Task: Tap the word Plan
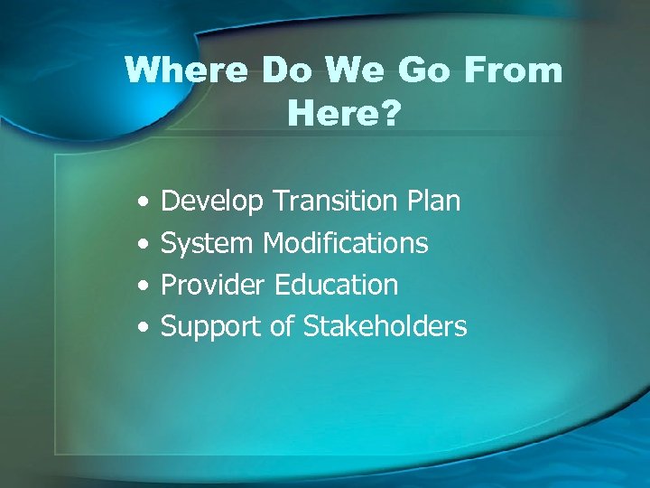(x=432, y=201)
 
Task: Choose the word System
(x=208, y=243)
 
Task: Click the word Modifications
(x=346, y=242)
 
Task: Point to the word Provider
(x=213, y=285)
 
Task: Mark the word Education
(x=336, y=285)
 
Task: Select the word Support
(x=211, y=327)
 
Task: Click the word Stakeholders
(x=385, y=326)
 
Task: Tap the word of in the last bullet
(x=282, y=326)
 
